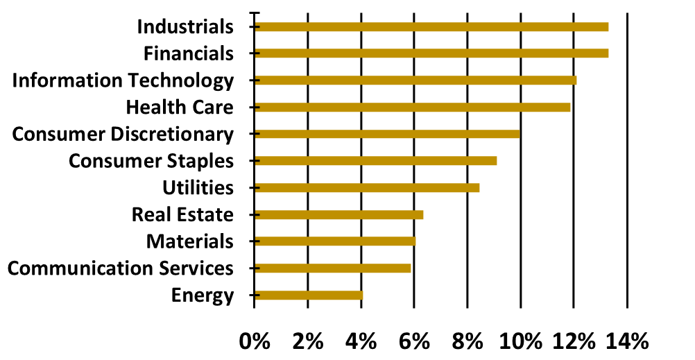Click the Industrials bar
click(431, 27)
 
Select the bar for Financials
click(431, 53)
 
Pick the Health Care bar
click(412, 108)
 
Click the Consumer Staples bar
click(375, 161)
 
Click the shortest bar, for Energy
click(308, 295)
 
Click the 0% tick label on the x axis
click(254, 341)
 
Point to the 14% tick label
click(626, 341)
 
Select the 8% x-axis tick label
click(467, 341)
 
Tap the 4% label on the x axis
click(361, 341)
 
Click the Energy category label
click(202, 295)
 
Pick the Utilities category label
click(198, 188)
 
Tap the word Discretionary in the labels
click(173, 135)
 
